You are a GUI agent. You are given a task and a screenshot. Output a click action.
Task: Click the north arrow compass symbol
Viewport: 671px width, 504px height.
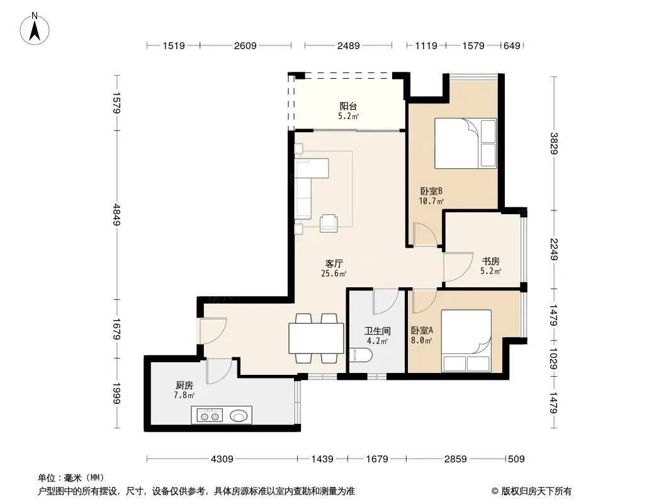coord(35,29)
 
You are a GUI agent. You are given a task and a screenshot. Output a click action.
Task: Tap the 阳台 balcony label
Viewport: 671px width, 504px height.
coord(348,106)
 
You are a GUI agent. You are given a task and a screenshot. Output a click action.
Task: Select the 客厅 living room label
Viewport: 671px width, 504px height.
coord(334,264)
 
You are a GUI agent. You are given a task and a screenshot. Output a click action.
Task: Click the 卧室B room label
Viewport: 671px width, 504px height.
coord(431,191)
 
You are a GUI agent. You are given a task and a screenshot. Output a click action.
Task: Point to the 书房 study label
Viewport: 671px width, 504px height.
coord(490,261)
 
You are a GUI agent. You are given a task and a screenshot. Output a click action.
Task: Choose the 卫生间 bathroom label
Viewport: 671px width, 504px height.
coord(378,331)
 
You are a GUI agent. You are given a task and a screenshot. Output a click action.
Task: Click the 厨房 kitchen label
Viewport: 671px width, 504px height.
coord(184,386)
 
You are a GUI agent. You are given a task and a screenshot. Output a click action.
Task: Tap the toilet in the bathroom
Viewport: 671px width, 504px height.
coord(360,355)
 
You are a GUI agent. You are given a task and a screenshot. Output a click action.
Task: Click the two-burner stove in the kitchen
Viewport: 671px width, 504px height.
coord(210,415)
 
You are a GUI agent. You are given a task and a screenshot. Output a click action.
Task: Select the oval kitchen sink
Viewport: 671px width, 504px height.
coord(239,415)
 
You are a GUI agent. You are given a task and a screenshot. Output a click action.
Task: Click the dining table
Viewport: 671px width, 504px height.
coord(316,338)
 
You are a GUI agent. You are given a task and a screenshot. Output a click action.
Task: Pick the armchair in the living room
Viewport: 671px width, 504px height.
coord(329,223)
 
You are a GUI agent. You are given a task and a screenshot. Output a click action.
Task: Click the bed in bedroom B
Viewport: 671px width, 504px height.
coord(466,143)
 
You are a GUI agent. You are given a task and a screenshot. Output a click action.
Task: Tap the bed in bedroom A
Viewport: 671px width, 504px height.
coord(466,341)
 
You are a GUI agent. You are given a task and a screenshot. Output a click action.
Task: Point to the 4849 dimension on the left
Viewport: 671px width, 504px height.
coord(116,215)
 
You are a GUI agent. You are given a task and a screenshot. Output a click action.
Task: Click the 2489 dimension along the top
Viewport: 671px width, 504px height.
coord(348,45)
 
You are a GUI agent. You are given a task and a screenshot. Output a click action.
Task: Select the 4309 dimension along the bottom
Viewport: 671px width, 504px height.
coord(222,459)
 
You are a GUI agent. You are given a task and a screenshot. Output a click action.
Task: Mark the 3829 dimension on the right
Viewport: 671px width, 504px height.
coord(554,144)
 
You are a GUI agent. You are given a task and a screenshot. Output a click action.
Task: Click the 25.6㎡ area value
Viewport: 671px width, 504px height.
coord(334,273)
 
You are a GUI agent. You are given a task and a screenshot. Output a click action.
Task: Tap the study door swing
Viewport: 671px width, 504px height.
coord(458,267)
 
